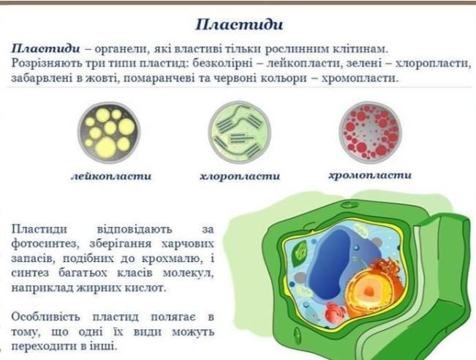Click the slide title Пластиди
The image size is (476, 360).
click(x=239, y=25)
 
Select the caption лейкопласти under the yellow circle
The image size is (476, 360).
click(x=111, y=176)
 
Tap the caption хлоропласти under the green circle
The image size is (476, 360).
click(x=240, y=176)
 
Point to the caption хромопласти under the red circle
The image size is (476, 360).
click(x=370, y=176)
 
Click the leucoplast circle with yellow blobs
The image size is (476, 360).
click(x=109, y=132)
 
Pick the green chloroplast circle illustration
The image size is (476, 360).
click(x=239, y=132)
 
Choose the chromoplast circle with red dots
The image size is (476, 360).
click(x=370, y=132)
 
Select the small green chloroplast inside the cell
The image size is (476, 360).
click(x=301, y=251)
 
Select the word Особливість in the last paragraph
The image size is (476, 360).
click(x=46, y=317)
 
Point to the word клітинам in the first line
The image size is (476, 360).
click(x=359, y=49)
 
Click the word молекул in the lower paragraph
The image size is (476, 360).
click(x=188, y=274)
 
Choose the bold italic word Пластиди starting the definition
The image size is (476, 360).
click(x=46, y=48)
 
